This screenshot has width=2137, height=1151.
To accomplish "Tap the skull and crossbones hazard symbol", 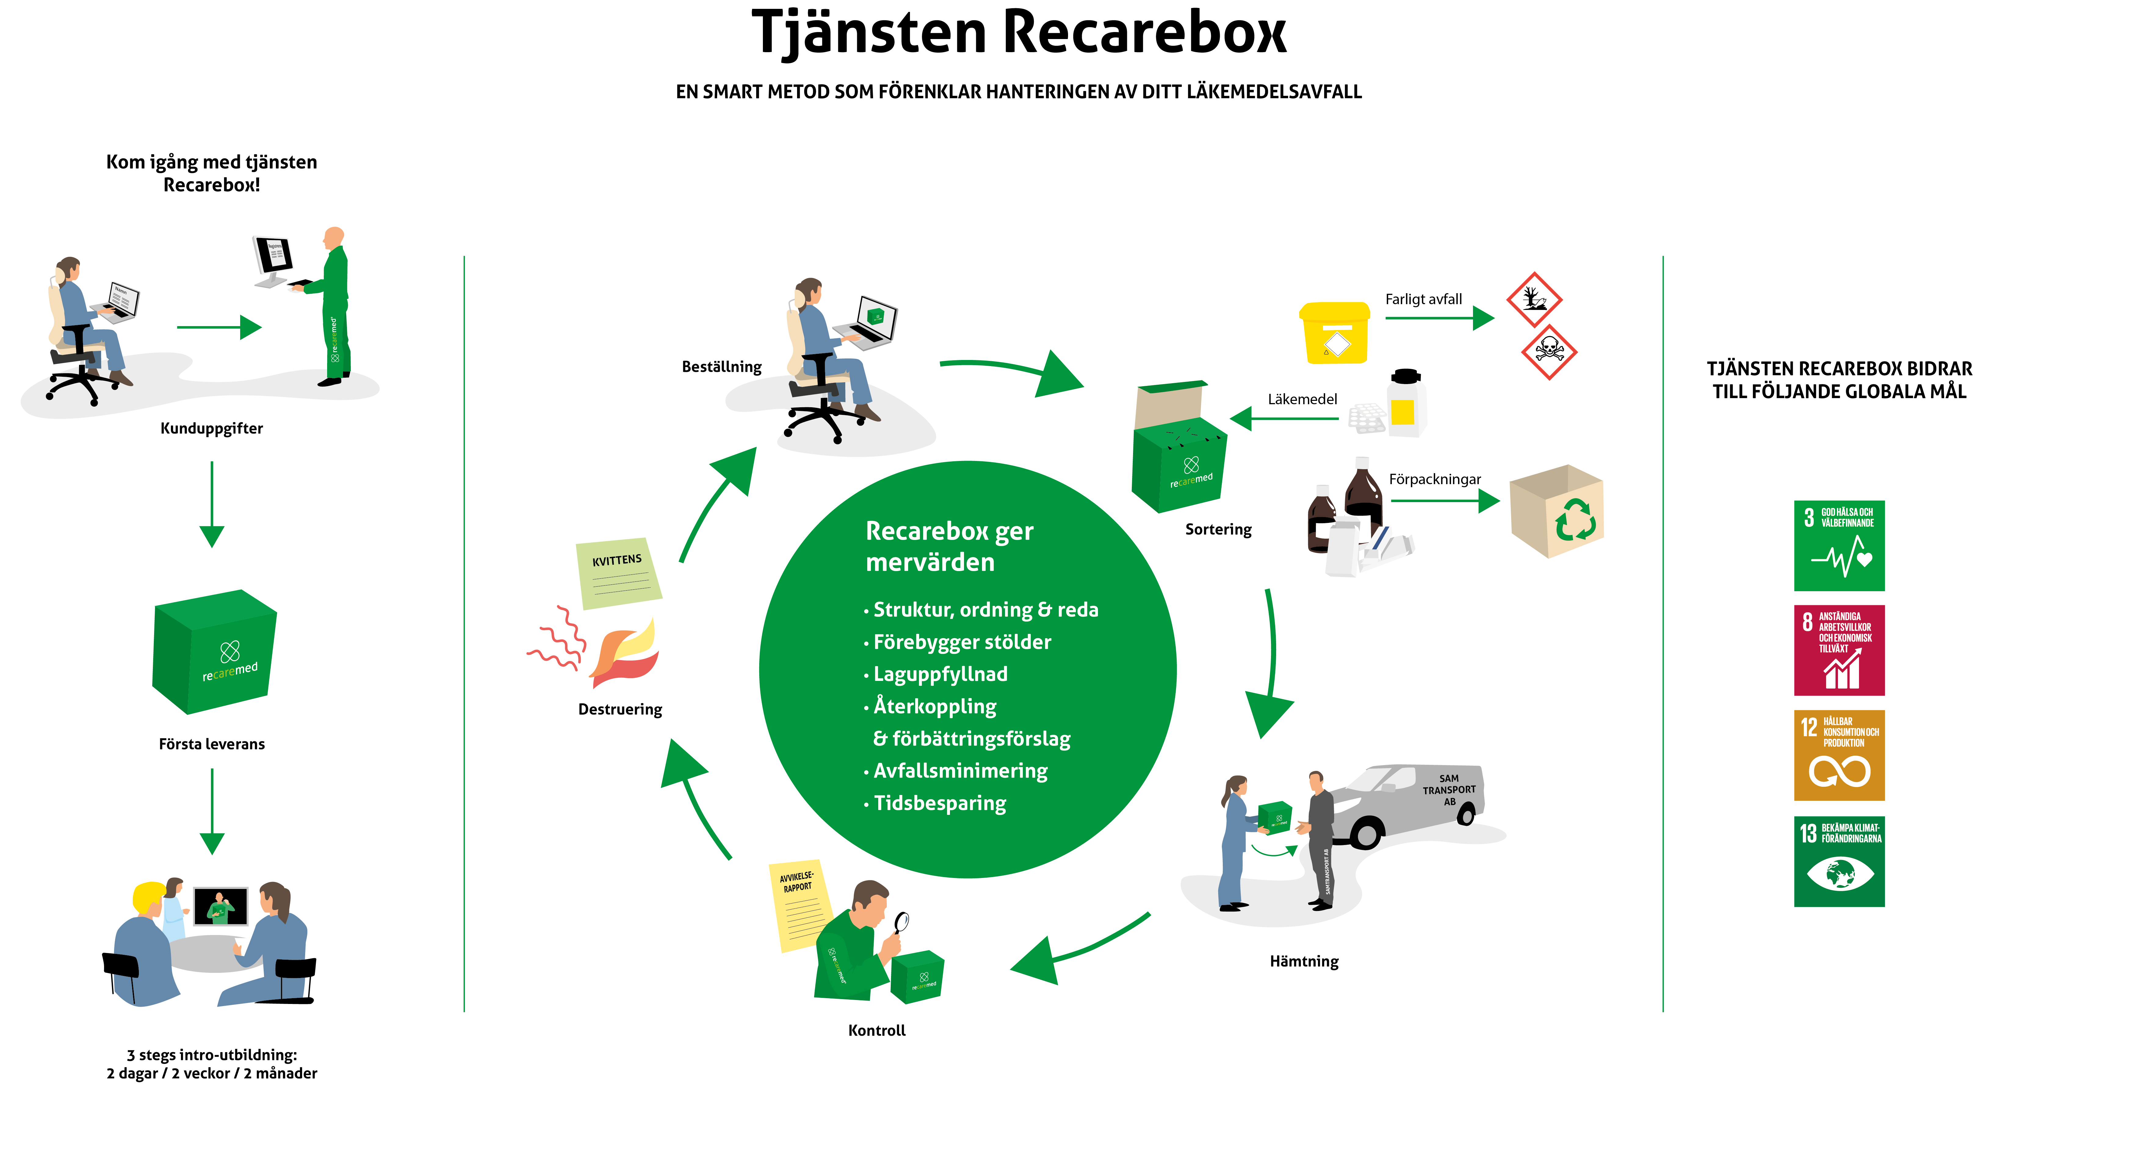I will [1548, 352].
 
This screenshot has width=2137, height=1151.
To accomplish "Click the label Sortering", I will [1218, 529].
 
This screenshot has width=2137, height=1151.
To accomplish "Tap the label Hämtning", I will [1303, 961].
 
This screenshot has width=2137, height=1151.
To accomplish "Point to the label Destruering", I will [620, 709].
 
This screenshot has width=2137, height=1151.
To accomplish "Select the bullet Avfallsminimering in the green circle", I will [960, 770].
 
